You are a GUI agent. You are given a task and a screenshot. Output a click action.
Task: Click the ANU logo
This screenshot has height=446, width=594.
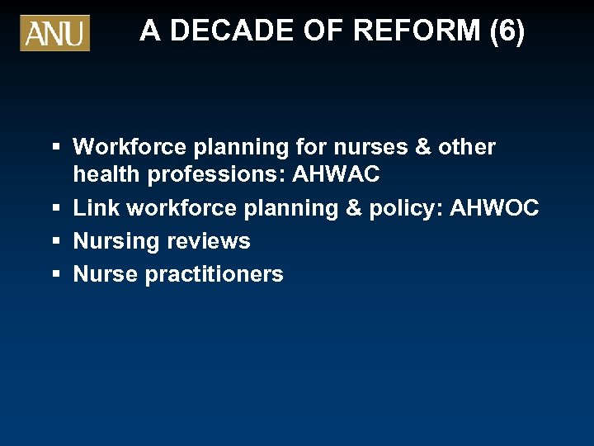(54, 33)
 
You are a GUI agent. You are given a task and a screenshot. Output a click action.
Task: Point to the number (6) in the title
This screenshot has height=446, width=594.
(507, 31)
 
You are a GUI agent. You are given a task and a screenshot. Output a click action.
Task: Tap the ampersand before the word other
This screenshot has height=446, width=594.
(424, 147)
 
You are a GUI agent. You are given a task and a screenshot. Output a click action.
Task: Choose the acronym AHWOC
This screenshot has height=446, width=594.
(493, 208)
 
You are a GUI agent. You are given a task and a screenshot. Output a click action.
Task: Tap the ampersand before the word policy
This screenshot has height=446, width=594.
(353, 208)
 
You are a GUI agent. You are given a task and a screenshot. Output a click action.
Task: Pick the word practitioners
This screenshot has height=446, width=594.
(214, 274)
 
